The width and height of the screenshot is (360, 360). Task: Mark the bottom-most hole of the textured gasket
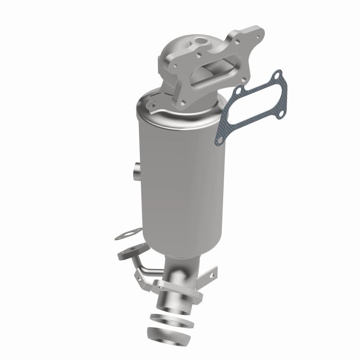tap(219, 141)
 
